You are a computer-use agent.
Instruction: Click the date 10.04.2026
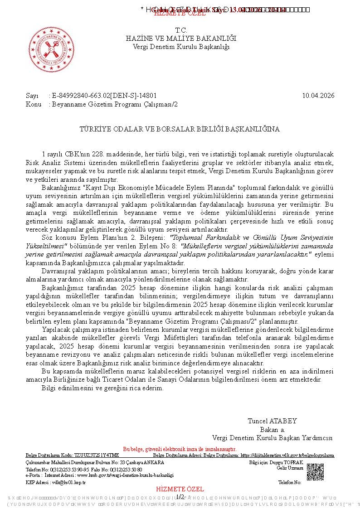pyautogui.click(x=318, y=96)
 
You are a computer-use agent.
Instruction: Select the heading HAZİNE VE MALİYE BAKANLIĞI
pyautogui.click(x=181, y=39)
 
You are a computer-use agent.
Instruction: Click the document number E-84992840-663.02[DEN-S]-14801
pyautogui.click(x=104, y=96)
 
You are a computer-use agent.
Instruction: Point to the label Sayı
pyautogui.click(x=32, y=96)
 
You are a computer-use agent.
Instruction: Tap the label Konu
pyautogui.click(x=34, y=104)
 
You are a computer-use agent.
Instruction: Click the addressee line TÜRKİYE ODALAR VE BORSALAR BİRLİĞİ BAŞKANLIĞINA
pyautogui.click(x=180, y=129)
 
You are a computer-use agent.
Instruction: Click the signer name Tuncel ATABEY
pyautogui.click(x=272, y=421)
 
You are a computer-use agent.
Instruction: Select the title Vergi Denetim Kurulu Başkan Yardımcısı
pyautogui.click(x=272, y=438)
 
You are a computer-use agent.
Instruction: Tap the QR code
pyautogui.click(x=315, y=472)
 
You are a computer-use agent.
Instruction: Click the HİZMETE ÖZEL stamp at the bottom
pyautogui.click(x=180, y=490)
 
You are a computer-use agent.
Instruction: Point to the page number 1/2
pyautogui.click(x=180, y=497)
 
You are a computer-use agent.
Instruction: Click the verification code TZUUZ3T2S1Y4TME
pyautogui.click(x=97, y=455)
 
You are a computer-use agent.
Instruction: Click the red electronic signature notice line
pyautogui.click(x=180, y=449)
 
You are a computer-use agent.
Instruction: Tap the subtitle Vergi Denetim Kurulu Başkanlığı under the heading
pyautogui.click(x=181, y=47)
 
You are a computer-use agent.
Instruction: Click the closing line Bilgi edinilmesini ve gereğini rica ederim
pyautogui.click(x=102, y=388)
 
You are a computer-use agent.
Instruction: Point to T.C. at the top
pyautogui.click(x=181, y=30)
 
